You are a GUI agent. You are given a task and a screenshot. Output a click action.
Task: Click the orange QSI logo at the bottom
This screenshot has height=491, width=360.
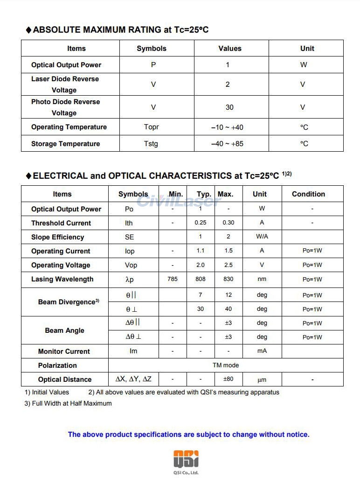[186, 459]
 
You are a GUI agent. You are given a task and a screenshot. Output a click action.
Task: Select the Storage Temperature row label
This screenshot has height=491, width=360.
[65, 144]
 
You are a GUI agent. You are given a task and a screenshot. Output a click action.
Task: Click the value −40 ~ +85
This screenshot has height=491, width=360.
[227, 144]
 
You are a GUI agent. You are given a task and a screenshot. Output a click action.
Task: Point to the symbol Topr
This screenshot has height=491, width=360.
[152, 127]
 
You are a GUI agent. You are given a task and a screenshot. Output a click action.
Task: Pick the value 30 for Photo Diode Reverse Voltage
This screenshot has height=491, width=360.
[229, 107]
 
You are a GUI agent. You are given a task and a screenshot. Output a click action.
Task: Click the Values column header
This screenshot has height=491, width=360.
[230, 49]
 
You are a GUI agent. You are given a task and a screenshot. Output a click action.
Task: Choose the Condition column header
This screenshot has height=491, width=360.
[308, 194]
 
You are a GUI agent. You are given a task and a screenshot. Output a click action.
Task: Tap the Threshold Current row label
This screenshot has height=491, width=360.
[61, 223]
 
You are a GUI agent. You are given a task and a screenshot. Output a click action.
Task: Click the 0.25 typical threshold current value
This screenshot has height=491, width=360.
[201, 223]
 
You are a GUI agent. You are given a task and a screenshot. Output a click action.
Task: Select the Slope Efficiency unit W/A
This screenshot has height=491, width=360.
[262, 237]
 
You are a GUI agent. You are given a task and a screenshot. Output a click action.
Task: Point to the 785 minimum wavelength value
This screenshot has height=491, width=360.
[173, 279]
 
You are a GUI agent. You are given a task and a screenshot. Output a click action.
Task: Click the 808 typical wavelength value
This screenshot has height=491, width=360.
[201, 279]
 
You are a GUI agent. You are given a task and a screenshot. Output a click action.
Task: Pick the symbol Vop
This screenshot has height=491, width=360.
[131, 265]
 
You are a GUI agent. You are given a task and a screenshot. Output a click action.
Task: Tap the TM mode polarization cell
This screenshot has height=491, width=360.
[226, 365]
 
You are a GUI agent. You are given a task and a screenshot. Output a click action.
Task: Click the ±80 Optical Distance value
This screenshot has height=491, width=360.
[228, 379]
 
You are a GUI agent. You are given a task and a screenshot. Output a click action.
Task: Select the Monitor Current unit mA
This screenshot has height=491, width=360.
[262, 351]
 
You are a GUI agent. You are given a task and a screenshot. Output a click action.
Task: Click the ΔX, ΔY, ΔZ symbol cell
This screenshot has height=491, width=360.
[133, 379]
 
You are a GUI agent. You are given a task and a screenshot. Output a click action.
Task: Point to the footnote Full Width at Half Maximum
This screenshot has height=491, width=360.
[68, 403]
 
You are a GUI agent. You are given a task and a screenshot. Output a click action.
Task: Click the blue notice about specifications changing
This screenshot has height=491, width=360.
[188, 435]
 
